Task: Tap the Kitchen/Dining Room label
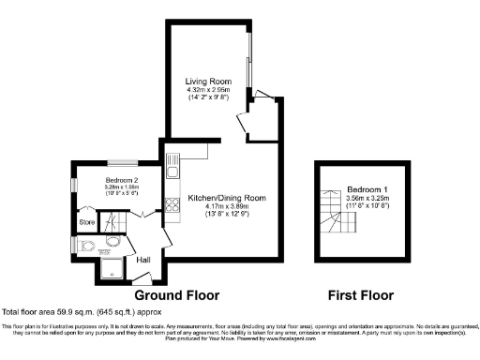(x=227, y=198)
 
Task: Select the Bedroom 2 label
(x=122, y=179)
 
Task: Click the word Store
(x=87, y=222)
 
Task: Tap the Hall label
(x=143, y=260)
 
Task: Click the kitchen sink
(x=172, y=167)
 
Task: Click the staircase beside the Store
(x=113, y=222)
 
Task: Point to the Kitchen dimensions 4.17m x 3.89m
(x=227, y=207)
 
